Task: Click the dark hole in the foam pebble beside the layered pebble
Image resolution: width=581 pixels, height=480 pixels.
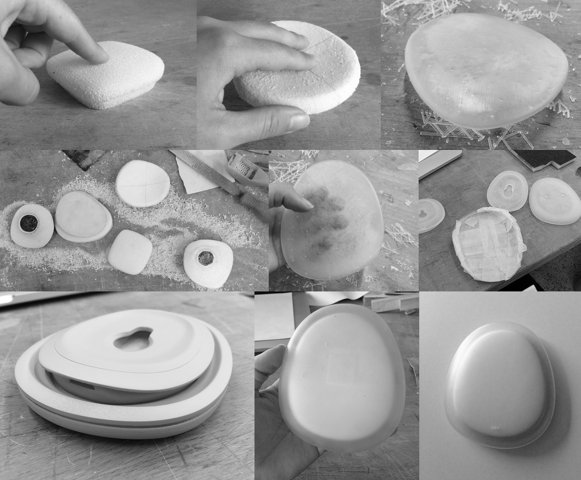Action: point(29,224)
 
